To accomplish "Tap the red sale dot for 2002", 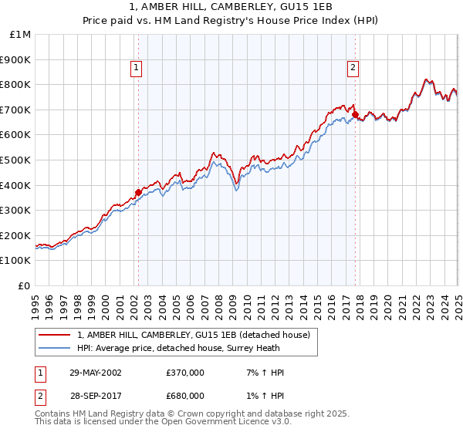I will (x=138, y=192).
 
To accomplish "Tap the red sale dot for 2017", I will (x=356, y=115).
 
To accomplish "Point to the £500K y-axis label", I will (x=15, y=160).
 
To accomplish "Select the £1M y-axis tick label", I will (x=19, y=34).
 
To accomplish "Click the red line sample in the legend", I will (x=55, y=335).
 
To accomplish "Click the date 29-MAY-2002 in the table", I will (x=95, y=373).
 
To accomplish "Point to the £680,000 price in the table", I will (x=185, y=396).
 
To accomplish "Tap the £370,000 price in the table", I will (x=185, y=373).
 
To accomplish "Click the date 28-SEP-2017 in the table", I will (x=95, y=396).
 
